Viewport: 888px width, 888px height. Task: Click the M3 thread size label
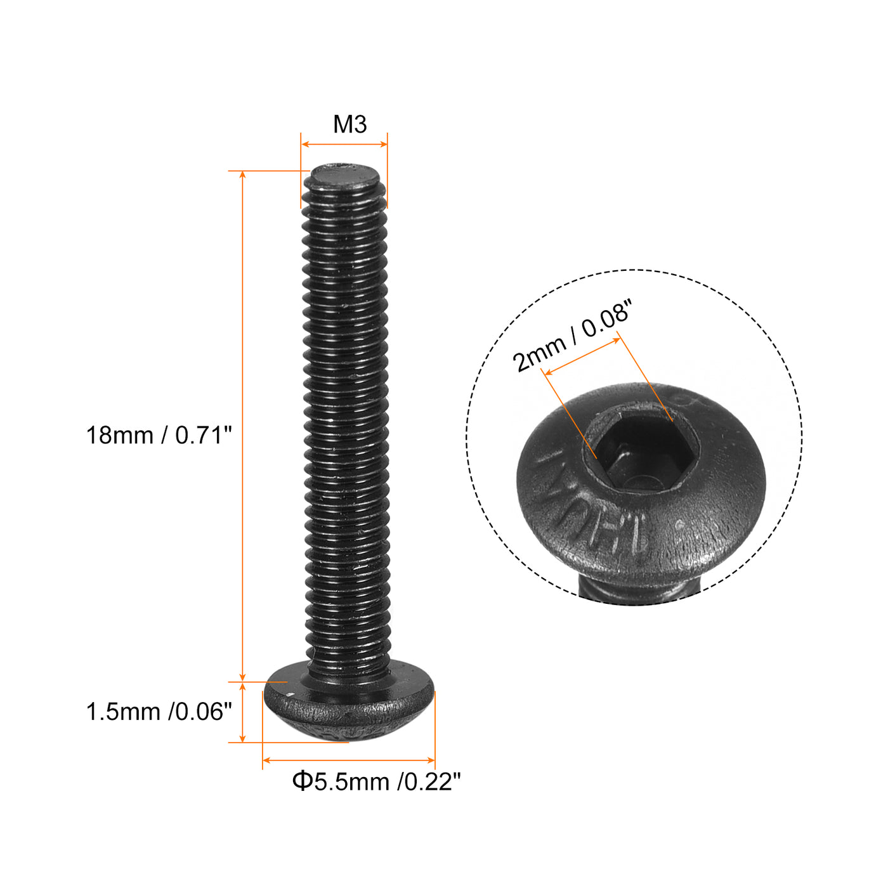[x=349, y=124]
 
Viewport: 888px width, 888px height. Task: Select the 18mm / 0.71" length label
[x=159, y=436]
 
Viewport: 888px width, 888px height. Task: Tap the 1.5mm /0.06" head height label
[x=159, y=712]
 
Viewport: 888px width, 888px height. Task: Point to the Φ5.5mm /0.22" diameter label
[x=376, y=781]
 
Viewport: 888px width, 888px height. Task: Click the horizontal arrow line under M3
[x=344, y=145]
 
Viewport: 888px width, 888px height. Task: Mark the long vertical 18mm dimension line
[x=242, y=425]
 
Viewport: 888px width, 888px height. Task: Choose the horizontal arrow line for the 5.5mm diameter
[x=348, y=760]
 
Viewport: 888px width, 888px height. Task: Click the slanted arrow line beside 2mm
[x=582, y=356]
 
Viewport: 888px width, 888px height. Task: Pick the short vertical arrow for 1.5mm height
[x=242, y=712]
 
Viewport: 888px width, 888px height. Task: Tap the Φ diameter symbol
[x=302, y=781]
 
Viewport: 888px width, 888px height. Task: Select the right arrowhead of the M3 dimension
[x=383, y=145]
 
